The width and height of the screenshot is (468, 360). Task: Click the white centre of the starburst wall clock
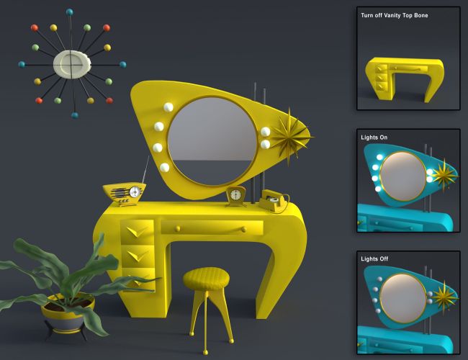click(x=72, y=64)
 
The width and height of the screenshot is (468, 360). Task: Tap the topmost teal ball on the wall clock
click(x=70, y=12)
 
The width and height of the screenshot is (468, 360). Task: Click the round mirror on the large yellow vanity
click(x=212, y=140)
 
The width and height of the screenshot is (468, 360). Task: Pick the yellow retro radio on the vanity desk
click(x=124, y=194)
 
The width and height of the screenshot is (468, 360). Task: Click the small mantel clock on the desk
click(x=235, y=197)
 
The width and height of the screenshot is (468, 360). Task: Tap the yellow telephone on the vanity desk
click(x=274, y=201)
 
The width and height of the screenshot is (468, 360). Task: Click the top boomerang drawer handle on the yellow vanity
click(x=137, y=231)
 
